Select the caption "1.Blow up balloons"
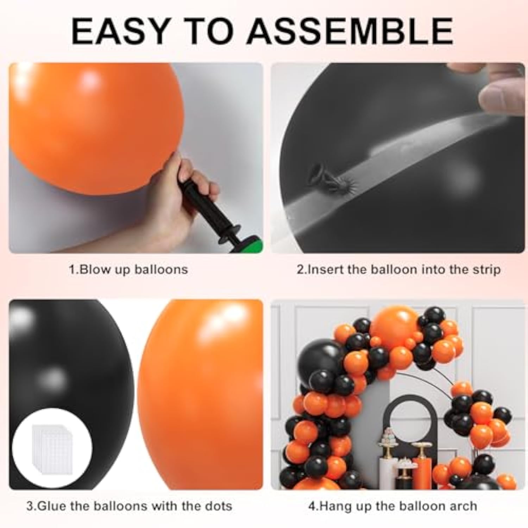(128, 270)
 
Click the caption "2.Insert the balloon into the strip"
(398, 270)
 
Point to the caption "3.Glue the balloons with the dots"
(129, 506)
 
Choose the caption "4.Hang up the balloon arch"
(392, 506)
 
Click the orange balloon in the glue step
(201, 394)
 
